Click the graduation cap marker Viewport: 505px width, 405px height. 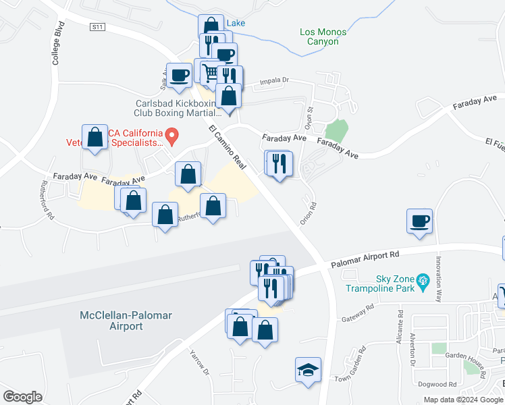coord(308,370)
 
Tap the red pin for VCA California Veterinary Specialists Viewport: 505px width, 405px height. coord(171,137)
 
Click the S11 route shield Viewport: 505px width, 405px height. coord(98,26)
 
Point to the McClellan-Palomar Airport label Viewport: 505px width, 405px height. coord(111,321)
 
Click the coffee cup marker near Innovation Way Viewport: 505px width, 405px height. coord(419,221)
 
